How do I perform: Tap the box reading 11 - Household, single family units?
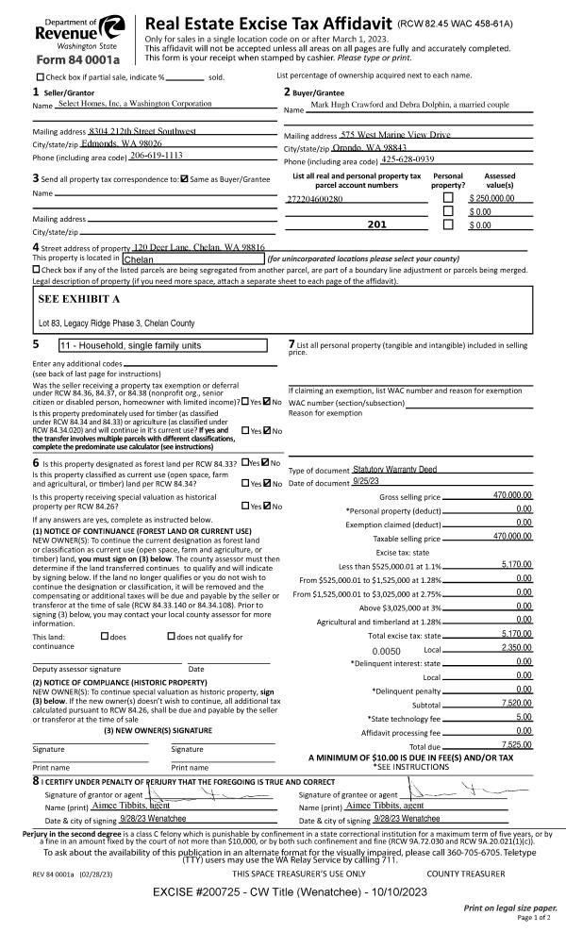170,345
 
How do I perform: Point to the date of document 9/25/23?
365,483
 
